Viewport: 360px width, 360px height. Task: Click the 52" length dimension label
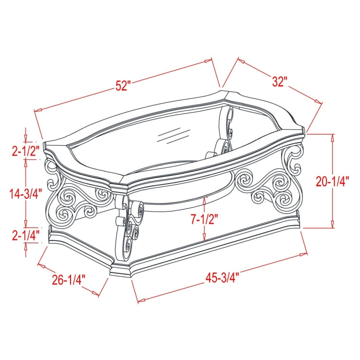[123, 85]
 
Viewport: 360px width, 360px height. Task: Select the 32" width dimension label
[280, 82]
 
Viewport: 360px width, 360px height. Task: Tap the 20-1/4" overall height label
[332, 181]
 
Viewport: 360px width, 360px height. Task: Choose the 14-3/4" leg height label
[26, 193]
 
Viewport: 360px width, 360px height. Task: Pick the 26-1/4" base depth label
[69, 279]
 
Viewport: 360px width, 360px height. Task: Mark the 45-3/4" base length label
[222, 278]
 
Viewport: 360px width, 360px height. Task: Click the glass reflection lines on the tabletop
[174, 136]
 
